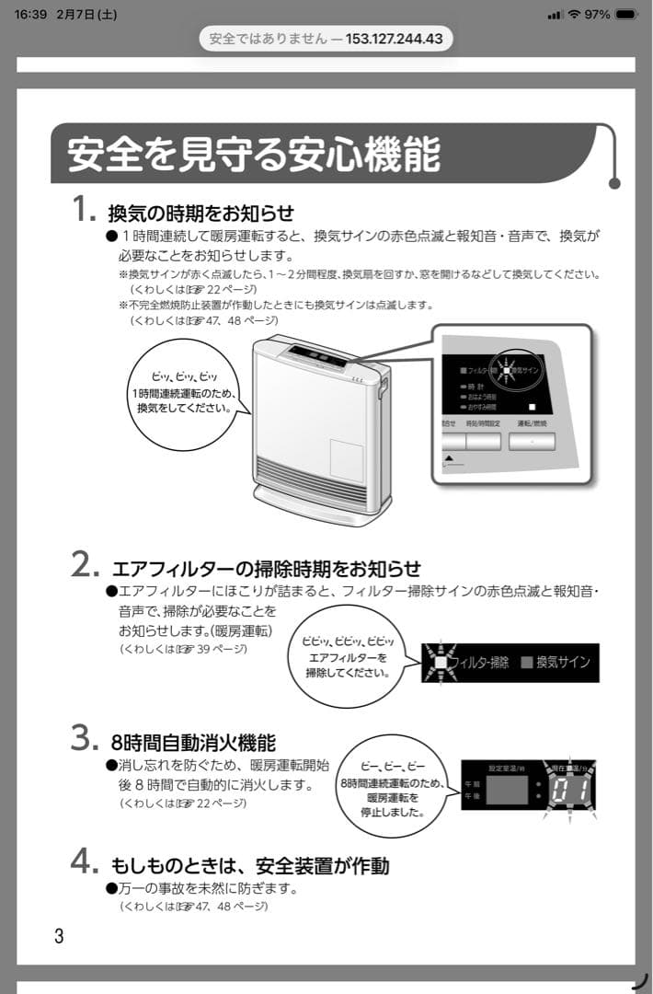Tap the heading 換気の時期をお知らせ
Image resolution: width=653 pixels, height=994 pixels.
coord(201,214)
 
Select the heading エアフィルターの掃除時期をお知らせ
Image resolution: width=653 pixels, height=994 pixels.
coord(267,568)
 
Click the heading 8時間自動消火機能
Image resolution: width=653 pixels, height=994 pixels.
coord(192,742)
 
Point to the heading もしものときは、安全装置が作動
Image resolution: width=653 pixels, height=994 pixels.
coord(249,865)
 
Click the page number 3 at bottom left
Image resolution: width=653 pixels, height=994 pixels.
coord(59,937)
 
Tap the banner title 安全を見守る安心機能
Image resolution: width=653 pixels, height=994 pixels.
coord(254,154)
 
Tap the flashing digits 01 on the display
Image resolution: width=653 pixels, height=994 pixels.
coord(569,791)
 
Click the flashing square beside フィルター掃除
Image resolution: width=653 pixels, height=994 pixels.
coord(441,662)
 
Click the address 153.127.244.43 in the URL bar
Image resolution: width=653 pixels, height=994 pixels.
coord(395,39)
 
